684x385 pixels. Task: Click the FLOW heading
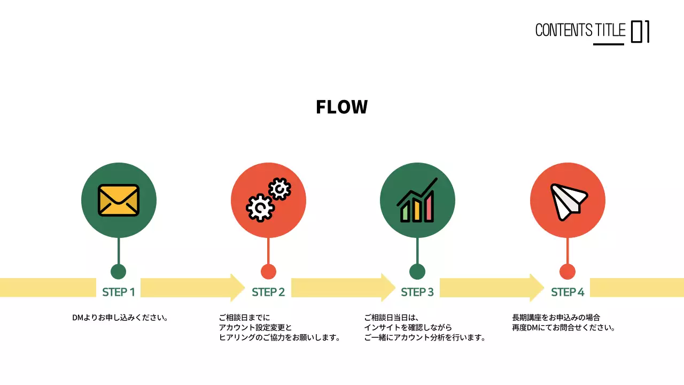(x=341, y=107)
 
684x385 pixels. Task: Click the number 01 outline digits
(x=640, y=32)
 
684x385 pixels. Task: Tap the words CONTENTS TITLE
(x=580, y=30)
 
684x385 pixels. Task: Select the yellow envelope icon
(x=119, y=201)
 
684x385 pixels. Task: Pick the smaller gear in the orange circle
(x=279, y=189)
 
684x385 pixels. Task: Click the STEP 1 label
(x=119, y=292)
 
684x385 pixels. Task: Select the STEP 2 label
(x=268, y=292)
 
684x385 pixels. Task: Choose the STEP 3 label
(x=417, y=292)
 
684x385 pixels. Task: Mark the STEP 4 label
(x=568, y=292)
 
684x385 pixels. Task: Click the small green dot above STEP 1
(x=119, y=272)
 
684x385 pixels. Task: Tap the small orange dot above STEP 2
(x=268, y=272)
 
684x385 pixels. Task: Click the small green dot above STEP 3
(x=417, y=272)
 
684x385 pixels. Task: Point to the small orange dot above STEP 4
(x=568, y=272)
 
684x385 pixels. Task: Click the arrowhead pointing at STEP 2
(x=238, y=288)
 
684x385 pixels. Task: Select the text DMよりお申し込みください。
(x=120, y=318)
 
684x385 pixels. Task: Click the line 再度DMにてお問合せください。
(x=564, y=328)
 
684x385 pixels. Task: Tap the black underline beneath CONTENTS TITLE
(x=609, y=44)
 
